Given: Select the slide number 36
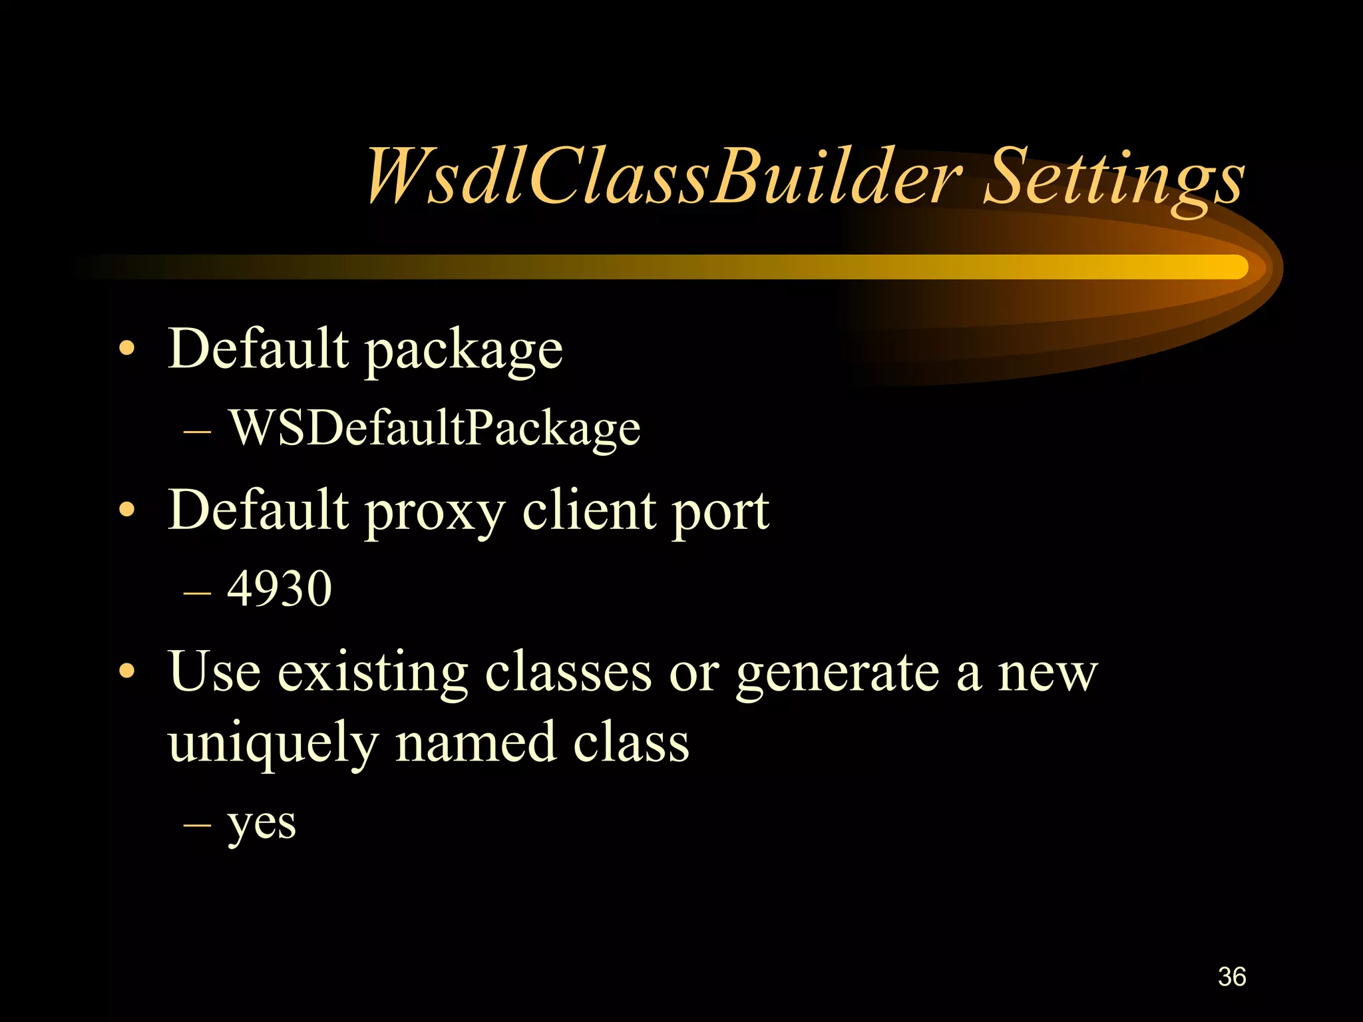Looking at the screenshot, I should [1231, 977].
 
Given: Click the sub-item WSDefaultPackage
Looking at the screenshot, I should [435, 428].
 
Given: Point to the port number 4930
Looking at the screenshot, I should [280, 589].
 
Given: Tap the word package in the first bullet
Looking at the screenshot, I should [465, 351].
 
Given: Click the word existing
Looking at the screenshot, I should [373, 672].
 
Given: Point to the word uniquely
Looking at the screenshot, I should [273, 744].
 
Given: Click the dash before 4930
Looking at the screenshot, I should [197, 590].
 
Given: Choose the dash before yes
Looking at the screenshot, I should [197, 824].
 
